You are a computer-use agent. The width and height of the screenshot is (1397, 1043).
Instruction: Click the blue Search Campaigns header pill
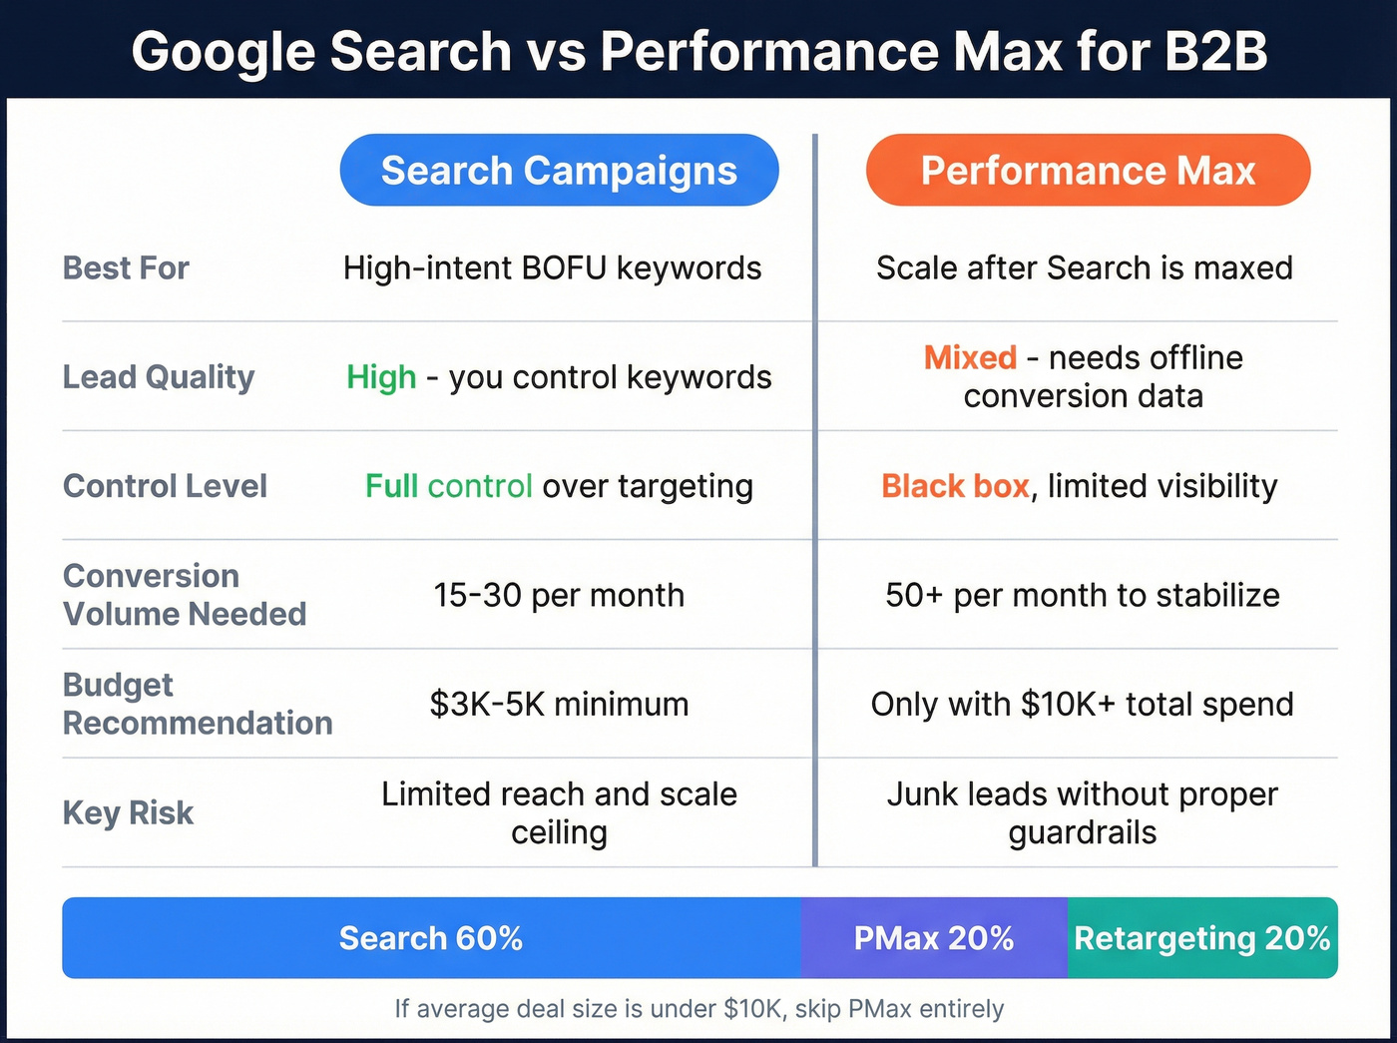point(559,171)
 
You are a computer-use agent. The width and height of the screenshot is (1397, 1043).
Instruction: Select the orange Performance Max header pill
point(1088,171)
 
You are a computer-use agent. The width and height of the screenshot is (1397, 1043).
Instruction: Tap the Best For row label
point(126,267)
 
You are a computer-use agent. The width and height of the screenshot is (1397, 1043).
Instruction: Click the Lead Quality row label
point(159,377)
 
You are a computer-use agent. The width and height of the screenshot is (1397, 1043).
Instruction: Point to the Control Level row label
point(165,486)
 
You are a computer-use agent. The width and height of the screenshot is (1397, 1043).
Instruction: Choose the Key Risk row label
point(128,812)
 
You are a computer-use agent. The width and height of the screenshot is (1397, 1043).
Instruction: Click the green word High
point(381,377)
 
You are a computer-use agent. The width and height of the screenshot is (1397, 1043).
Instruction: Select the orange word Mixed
point(970,357)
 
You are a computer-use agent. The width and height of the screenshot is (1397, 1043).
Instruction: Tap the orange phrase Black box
point(955,486)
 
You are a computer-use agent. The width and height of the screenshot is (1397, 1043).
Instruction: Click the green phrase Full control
point(448,486)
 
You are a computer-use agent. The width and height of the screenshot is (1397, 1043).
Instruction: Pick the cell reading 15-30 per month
point(559,595)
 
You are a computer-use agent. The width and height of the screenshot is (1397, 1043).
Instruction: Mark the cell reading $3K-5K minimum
point(559,704)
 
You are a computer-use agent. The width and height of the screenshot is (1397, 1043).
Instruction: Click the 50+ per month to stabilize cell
point(1083,595)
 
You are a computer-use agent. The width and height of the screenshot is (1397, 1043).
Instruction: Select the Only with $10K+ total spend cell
point(1083,704)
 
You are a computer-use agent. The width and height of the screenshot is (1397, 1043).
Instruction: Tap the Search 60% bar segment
point(431,938)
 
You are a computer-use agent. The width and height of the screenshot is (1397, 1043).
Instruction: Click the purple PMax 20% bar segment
point(934,938)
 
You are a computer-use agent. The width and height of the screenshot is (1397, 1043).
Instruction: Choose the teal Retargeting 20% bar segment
point(1202,938)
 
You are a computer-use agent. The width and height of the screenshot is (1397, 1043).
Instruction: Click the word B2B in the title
point(1215,51)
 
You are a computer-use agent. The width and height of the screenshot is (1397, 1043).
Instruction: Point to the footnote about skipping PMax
point(698,1009)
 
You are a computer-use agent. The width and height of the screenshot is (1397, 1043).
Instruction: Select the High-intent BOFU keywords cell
point(552,267)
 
